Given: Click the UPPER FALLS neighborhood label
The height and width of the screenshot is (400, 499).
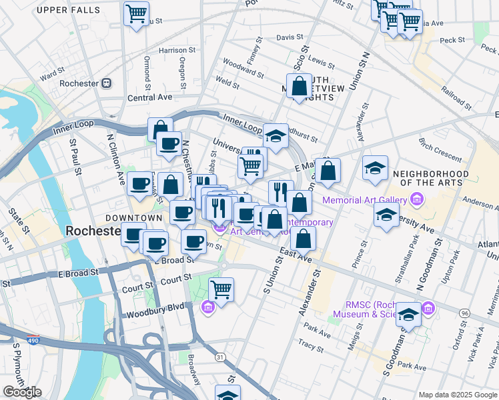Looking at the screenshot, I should point(69,10).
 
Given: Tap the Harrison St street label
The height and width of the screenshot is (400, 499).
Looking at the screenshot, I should point(177,50).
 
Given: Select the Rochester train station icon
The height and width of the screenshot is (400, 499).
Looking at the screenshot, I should point(106,83).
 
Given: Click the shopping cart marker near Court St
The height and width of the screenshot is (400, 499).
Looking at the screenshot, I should point(221,289).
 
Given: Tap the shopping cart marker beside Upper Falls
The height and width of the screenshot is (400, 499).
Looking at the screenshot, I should point(136,13).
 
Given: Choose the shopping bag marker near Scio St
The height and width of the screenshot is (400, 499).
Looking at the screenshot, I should point(300,85).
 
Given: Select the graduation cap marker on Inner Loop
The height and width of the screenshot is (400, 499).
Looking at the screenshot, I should point(276,135).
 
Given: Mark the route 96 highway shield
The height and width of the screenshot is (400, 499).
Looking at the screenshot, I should point(464,313).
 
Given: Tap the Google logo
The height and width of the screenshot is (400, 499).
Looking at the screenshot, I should point(22,392).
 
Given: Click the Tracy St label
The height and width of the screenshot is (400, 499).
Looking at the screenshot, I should point(311,345).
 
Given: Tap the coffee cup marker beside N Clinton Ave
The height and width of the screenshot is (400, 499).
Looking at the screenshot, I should point(139,183).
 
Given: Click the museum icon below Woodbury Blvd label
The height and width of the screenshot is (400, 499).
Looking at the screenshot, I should point(207,307).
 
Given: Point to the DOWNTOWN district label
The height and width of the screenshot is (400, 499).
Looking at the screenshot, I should point(134,218).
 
